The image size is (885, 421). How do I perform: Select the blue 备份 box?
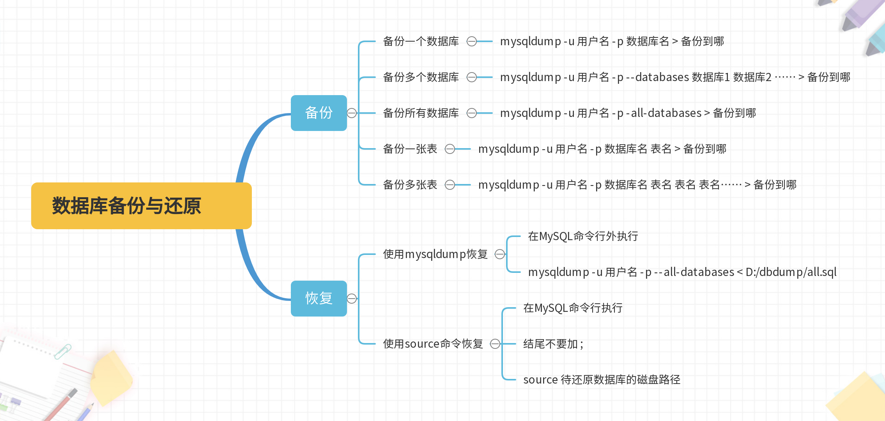coord(319,113)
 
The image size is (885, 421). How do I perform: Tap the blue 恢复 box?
coord(319,299)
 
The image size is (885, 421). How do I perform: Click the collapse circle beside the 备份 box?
coord(352,113)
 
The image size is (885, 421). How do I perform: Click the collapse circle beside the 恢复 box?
coord(352,299)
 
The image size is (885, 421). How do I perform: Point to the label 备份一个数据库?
coord(421,41)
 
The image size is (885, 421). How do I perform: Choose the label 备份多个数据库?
coord(421,77)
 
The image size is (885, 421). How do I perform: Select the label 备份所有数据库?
coord(421,113)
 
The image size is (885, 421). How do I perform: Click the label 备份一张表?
coord(410,149)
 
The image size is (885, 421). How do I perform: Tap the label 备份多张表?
coord(410,185)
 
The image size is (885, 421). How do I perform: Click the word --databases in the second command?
coord(657,77)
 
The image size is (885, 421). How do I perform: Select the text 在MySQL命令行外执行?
coord(583,236)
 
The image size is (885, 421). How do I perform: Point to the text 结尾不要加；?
coord(553,344)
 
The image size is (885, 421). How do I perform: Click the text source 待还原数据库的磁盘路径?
coord(602,380)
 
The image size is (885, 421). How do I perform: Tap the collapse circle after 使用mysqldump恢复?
coord(499,254)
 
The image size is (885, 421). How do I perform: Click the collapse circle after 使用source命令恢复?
coord(495,344)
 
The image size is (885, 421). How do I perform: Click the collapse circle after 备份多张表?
coord(450,185)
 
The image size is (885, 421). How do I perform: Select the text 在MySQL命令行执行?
coord(573,308)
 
